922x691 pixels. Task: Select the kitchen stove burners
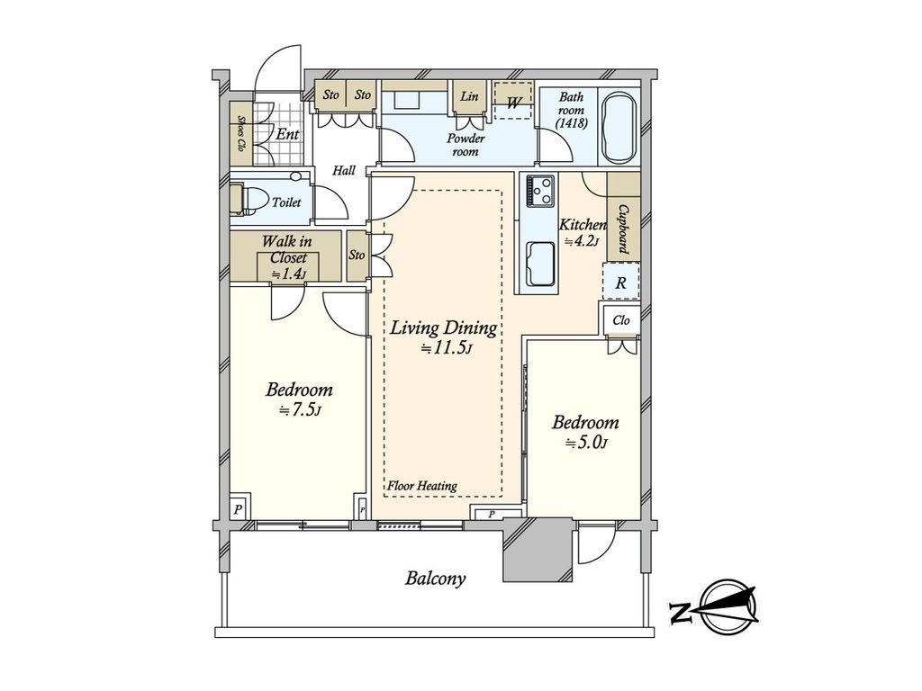point(540,191)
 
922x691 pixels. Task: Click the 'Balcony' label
point(435,579)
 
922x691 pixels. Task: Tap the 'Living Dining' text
point(443,328)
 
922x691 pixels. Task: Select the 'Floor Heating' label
point(421,486)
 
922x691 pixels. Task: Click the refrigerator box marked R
point(620,282)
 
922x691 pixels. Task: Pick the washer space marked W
point(512,101)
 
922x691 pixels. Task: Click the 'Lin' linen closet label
point(468,95)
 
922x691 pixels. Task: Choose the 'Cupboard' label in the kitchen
point(623,229)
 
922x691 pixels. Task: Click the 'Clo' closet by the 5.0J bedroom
point(621,319)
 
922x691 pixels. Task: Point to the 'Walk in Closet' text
point(287,249)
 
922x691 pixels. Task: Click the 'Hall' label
point(343,170)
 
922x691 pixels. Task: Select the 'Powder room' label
point(466,145)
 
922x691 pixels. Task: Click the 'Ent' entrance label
point(287,134)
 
